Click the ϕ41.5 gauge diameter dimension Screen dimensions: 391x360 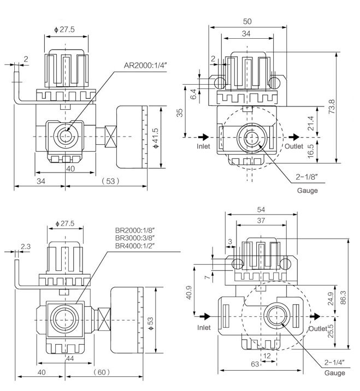[x=156, y=137]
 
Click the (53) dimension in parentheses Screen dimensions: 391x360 [x=108, y=180]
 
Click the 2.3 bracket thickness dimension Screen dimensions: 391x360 [x=25, y=247]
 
